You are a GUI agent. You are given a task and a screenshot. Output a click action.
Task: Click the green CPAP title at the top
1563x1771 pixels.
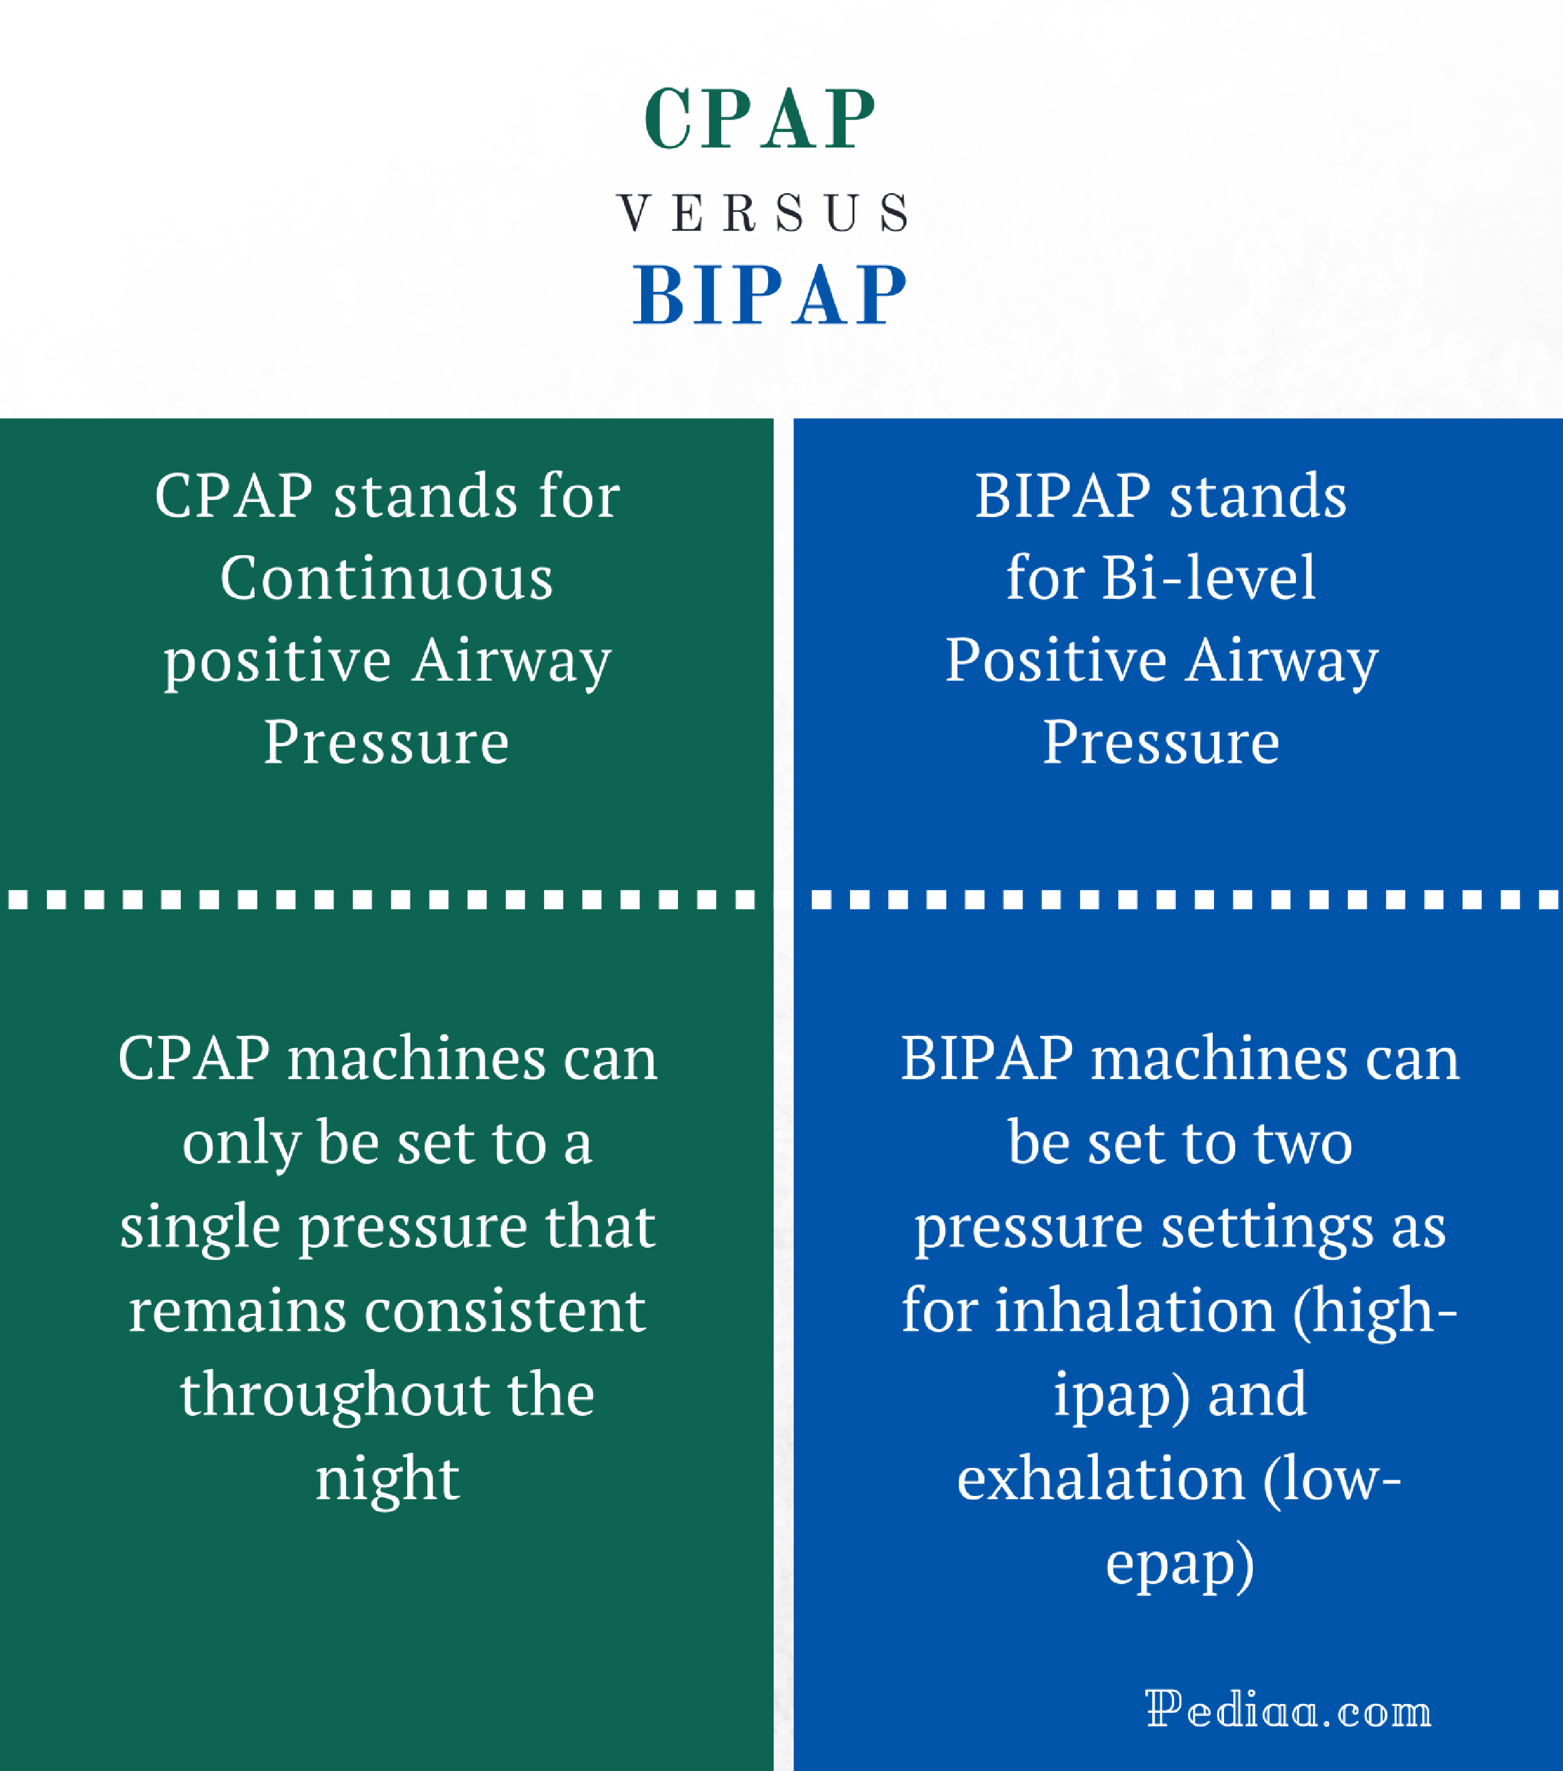(761, 119)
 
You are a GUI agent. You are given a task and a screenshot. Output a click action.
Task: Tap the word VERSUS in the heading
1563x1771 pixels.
(763, 213)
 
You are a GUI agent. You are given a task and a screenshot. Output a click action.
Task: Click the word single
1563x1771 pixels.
(200, 1228)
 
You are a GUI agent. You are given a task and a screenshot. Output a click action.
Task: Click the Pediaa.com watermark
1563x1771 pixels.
(1288, 1710)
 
